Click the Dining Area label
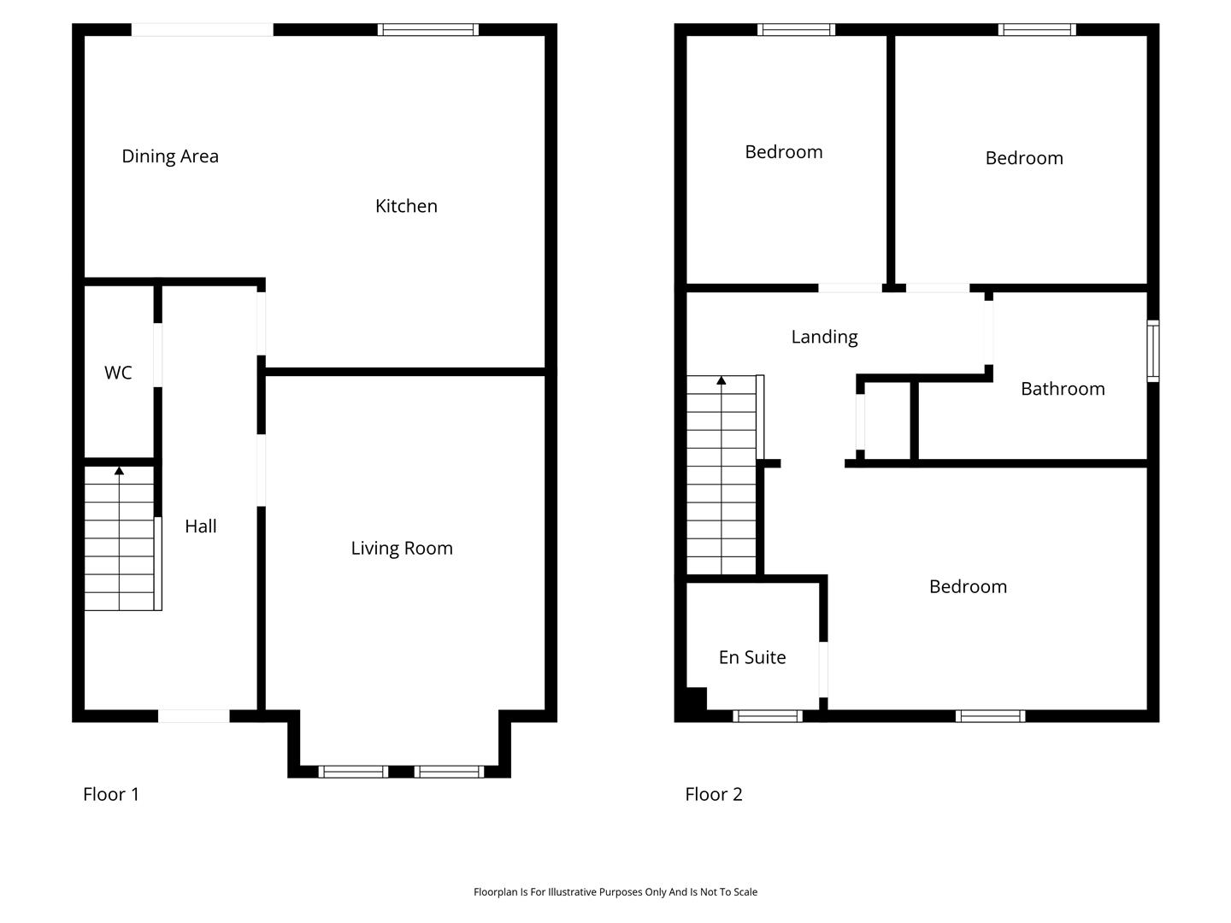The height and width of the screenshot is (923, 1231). [x=170, y=156]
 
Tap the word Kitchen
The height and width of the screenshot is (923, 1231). [x=406, y=206]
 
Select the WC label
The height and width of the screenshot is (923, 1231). [x=118, y=373]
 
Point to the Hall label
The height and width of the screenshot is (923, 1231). [x=201, y=526]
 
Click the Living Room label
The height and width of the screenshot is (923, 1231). [x=402, y=548]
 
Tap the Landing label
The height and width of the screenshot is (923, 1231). [x=824, y=337]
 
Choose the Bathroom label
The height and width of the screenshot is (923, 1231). [x=1063, y=389]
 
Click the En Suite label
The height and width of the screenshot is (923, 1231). [x=752, y=657]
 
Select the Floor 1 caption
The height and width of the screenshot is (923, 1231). [x=111, y=794]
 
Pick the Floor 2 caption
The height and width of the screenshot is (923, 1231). [x=713, y=794]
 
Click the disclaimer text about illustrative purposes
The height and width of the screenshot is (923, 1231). [x=615, y=891]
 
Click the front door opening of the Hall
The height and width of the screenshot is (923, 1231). [x=193, y=715]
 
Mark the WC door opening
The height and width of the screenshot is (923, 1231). [x=157, y=355]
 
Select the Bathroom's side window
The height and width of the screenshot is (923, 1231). [x=1153, y=350]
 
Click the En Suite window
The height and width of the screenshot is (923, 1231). [x=767, y=715]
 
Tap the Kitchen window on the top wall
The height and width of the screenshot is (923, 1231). [x=428, y=30]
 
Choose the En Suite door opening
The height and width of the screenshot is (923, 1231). [x=823, y=670]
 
